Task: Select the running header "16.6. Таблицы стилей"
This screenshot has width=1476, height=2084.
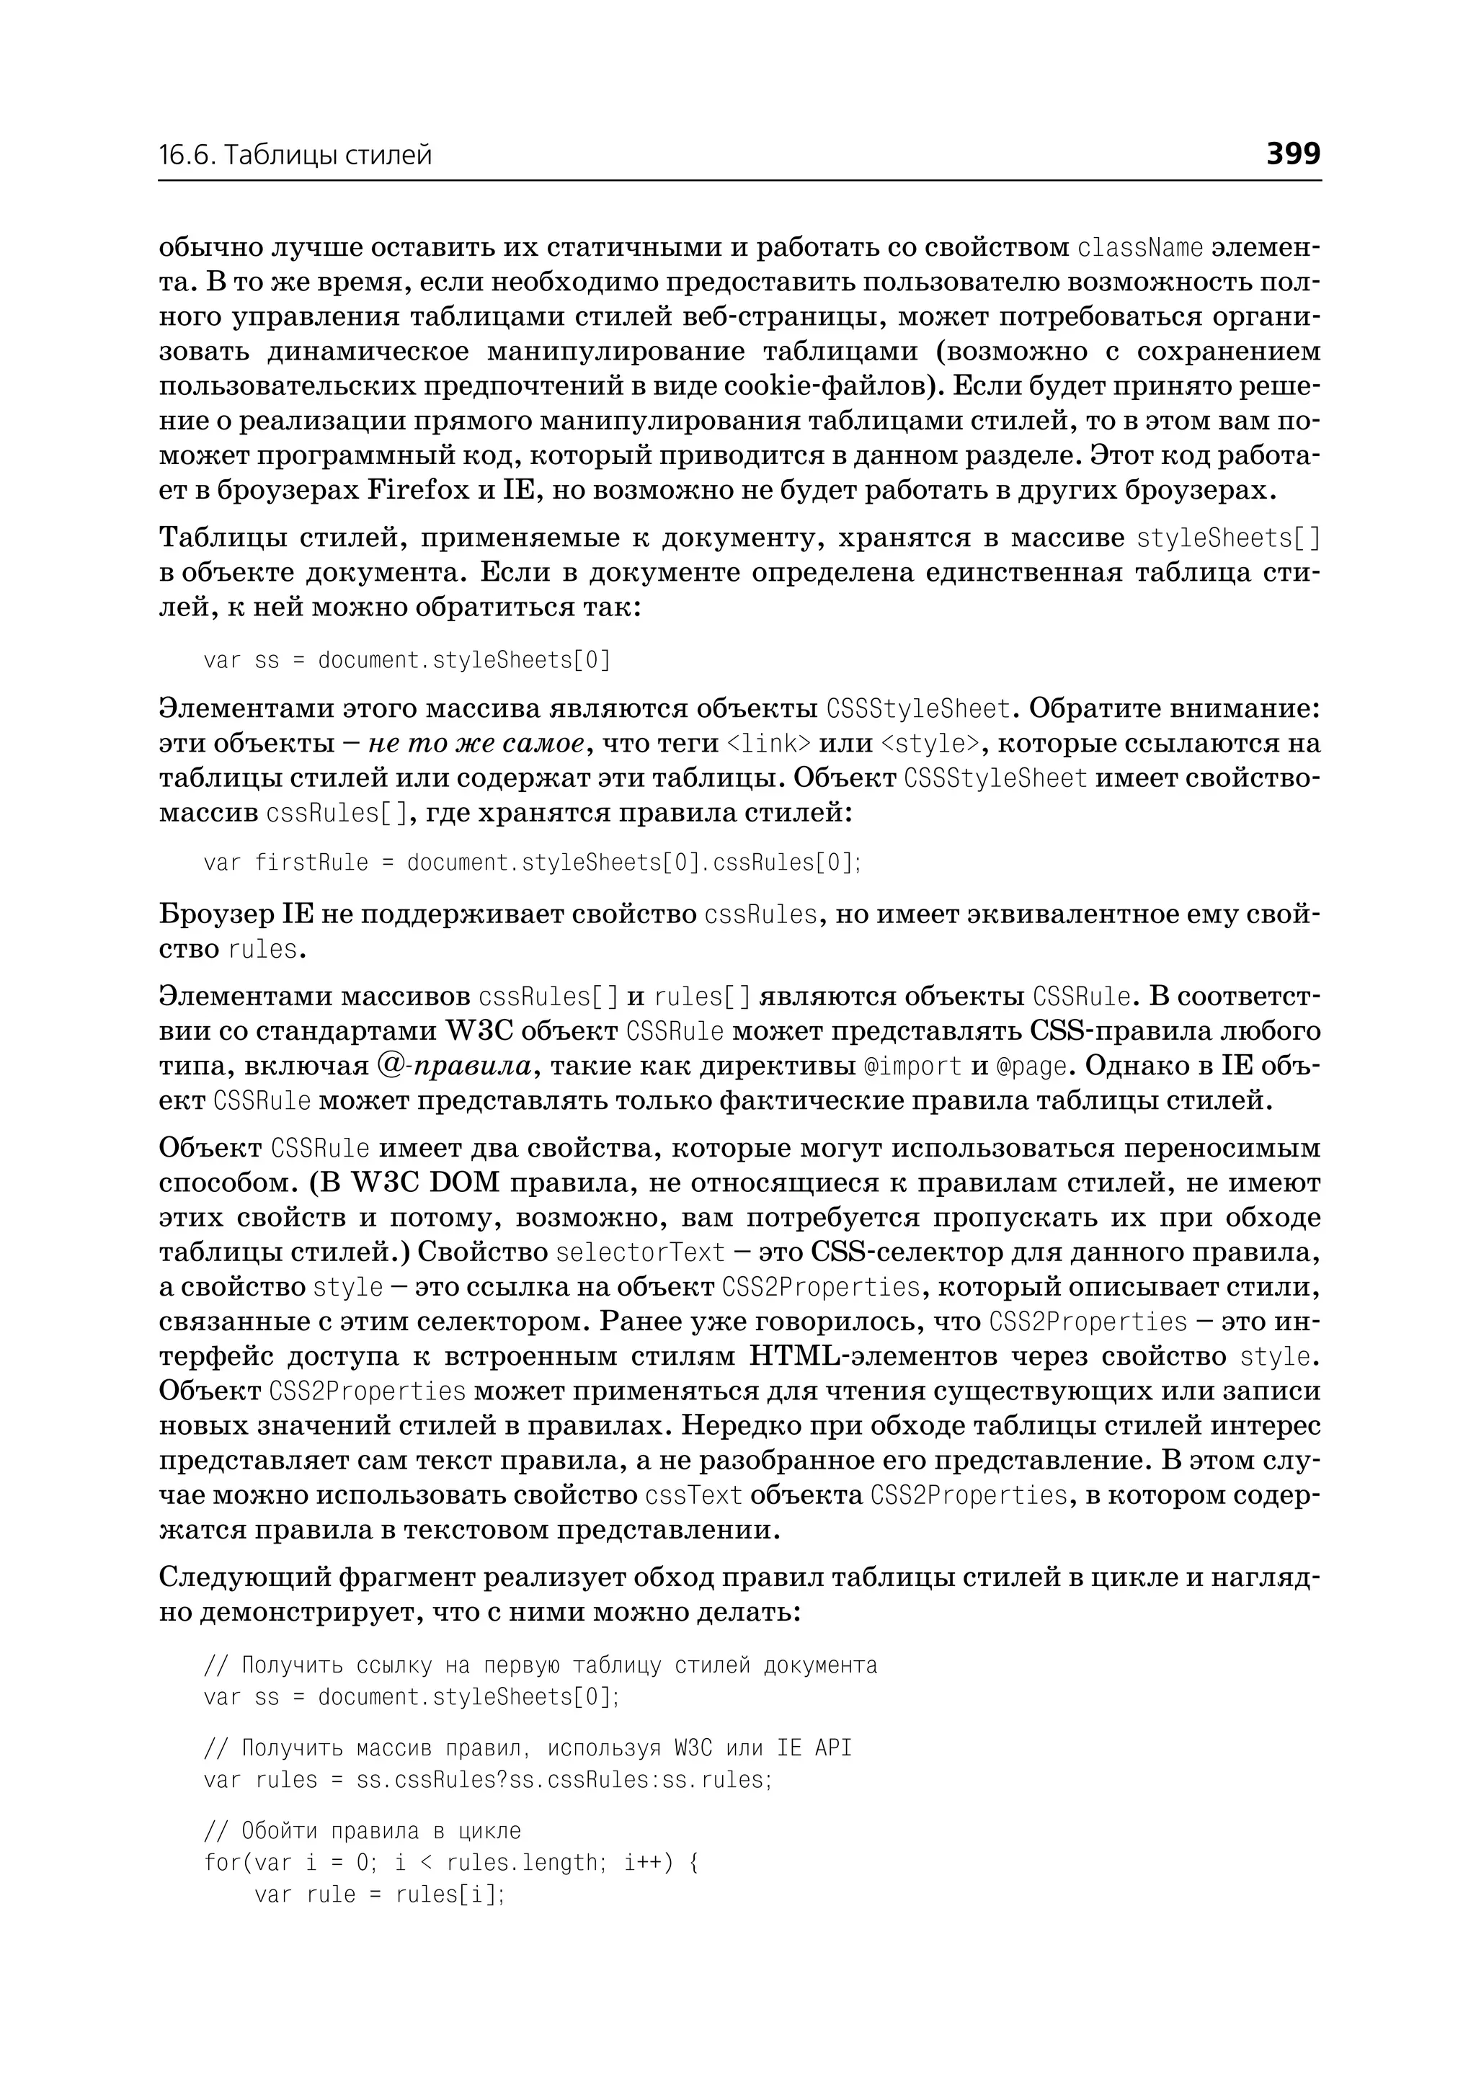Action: click(x=295, y=156)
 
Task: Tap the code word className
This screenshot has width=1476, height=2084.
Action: click(x=1139, y=247)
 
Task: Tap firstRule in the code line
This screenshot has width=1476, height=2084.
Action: click(x=312, y=862)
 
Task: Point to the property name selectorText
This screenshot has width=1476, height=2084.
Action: click(x=640, y=1252)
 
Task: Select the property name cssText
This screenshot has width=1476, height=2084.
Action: click(x=693, y=1495)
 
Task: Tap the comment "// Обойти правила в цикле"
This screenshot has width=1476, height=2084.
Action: click(x=363, y=1830)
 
